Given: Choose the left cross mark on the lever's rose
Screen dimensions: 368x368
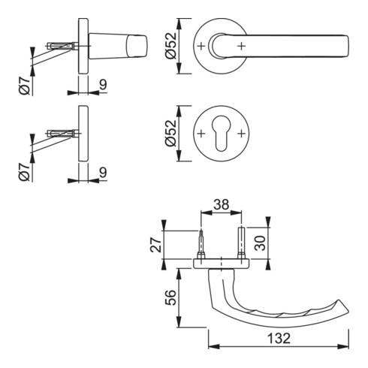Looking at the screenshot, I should click(202, 46).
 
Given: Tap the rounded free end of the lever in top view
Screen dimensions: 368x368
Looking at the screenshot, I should click(345, 46).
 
